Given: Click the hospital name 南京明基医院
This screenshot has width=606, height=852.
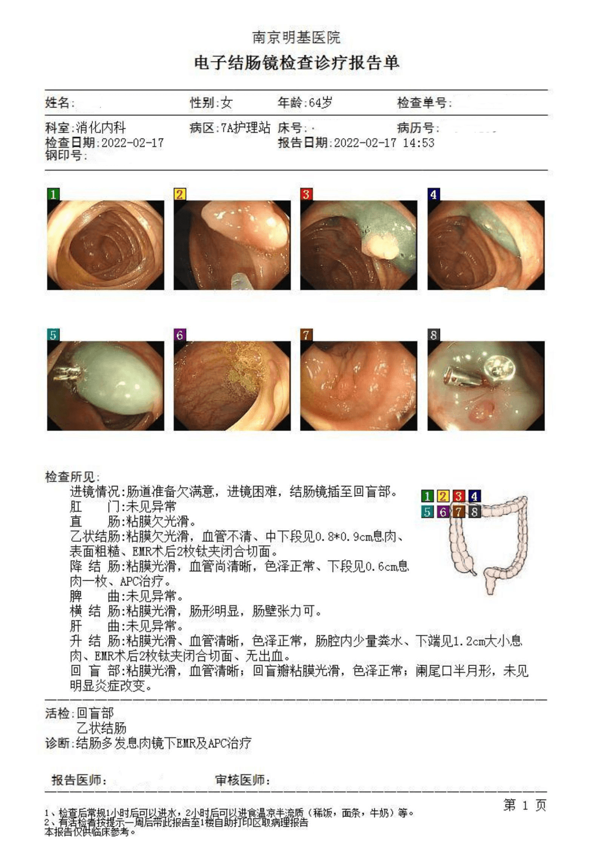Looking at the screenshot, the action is pyautogui.click(x=296, y=37).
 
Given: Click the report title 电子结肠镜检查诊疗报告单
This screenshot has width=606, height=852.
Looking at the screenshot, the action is pyautogui.click(x=296, y=62).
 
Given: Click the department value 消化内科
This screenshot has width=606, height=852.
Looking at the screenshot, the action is pyautogui.click(x=101, y=128).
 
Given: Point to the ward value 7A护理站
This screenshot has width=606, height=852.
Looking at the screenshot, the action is pyautogui.click(x=246, y=128).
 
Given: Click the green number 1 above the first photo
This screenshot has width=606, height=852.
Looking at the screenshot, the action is pyautogui.click(x=53, y=194).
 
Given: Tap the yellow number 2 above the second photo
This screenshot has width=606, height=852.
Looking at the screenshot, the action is pyautogui.click(x=180, y=194).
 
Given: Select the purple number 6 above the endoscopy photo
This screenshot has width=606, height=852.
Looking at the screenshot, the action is pyautogui.click(x=180, y=335).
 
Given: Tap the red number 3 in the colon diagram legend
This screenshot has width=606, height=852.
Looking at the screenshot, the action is pyautogui.click(x=459, y=496).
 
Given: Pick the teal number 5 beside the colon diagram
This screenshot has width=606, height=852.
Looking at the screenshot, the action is pyautogui.click(x=427, y=512).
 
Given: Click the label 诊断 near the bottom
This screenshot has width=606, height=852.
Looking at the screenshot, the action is pyautogui.click(x=57, y=743).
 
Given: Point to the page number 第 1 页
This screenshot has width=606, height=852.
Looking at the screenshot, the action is pyautogui.click(x=525, y=805).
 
